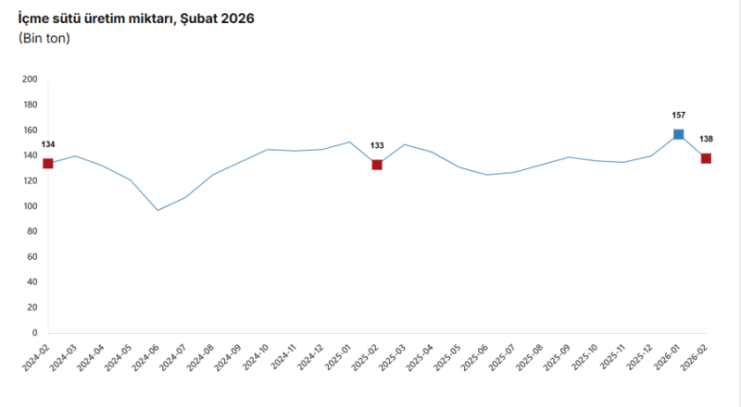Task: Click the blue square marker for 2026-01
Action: click(x=679, y=134)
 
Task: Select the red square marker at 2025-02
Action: click(x=377, y=165)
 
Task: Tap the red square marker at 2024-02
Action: click(x=48, y=164)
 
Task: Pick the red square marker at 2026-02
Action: click(x=706, y=158)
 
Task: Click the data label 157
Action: click(x=679, y=116)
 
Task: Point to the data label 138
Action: click(x=706, y=139)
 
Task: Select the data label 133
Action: click(x=377, y=145)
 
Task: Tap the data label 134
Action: click(x=48, y=144)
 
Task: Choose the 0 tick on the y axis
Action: click(x=34, y=333)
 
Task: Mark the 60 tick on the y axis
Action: click(x=31, y=257)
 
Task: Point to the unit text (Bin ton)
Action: click(x=44, y=38)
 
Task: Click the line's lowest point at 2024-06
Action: click(x=157, y=210)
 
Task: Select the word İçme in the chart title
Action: click(x=35, y=18)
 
